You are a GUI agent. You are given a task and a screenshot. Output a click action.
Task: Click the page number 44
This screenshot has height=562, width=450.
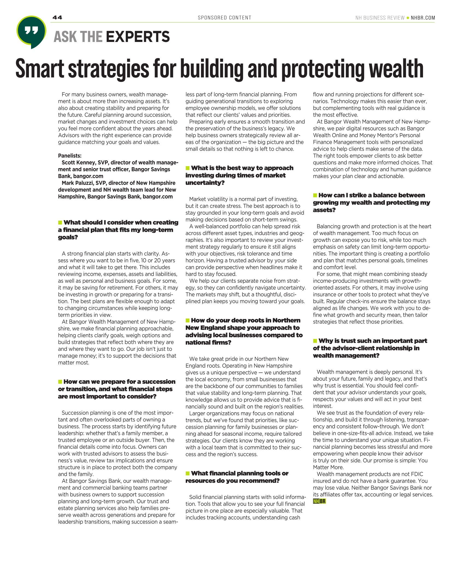point(57,17)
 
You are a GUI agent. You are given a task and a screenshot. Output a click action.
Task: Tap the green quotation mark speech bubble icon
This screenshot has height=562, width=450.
point(31,31)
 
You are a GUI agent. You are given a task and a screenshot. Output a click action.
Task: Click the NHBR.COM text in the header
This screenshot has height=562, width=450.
point(423,18)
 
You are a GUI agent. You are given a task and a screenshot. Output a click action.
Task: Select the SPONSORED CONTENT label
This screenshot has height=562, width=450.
point(224,18)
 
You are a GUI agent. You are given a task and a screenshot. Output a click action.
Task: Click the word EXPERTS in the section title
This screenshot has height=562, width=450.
point(138,37)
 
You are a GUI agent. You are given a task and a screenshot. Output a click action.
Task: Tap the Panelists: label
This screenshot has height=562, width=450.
point(70,156)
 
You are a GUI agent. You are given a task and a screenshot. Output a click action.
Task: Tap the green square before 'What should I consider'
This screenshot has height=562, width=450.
point(60,222)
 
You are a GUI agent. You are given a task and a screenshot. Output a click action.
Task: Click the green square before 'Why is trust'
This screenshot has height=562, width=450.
point(315,341)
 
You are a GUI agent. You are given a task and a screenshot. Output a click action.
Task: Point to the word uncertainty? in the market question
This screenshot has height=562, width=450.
point(205,183)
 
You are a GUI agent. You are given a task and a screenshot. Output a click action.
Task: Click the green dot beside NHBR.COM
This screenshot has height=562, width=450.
point(408,18)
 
